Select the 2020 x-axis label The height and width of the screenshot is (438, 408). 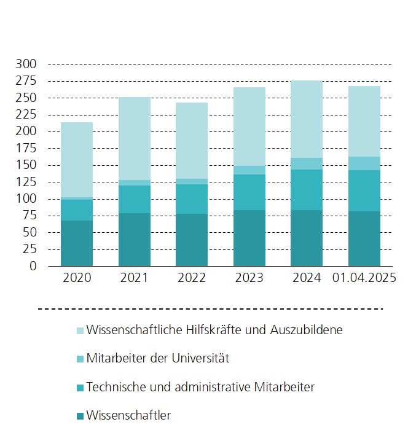[x=77, y=278]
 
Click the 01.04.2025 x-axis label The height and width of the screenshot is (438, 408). [x=364, y=278]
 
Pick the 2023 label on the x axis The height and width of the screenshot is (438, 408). [x=249, y=278]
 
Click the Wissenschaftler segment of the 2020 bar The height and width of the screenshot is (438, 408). [x=77, y=243]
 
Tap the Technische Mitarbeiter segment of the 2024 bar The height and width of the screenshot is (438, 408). [x=307, y=190]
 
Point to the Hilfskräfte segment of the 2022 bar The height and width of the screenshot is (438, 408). [x=192, y=141]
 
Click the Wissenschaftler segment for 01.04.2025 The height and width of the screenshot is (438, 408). [x=364, y=238]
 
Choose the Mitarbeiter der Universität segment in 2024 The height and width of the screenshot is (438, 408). [x=307, y=163]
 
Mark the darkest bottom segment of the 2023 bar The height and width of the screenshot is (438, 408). [x=249, y=238]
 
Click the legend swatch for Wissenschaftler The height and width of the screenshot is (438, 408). [x=80, y=416]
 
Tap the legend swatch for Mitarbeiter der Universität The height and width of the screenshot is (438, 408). [x=80, y=359]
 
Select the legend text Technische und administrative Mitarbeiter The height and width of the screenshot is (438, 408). [x=200, y=387]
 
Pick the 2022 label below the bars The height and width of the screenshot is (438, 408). [x=192, y=278]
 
